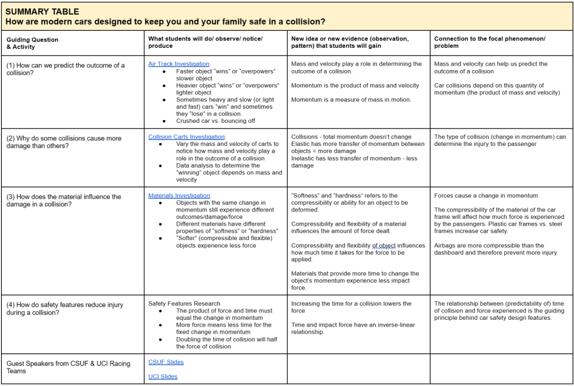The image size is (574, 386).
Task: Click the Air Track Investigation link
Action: (178, 64)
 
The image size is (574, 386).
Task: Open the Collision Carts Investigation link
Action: (186, 137)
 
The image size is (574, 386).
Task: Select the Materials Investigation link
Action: (179, 196)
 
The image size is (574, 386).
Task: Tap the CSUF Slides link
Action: (166, 362)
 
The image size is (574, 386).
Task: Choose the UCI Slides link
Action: (163, 376)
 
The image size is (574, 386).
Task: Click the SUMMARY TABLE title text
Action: (42, 11)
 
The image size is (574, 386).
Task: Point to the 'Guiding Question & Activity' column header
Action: (33, 43)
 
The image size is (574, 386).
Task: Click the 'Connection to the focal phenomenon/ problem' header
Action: (489, 42)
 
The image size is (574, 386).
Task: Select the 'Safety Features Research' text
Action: (184, 304)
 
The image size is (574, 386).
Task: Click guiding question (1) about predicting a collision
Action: (66, 69)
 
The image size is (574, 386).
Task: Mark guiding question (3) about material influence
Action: (64, 200)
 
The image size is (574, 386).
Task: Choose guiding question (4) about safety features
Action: (65, 309)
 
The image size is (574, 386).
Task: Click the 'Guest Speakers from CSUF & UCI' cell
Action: (68, 367)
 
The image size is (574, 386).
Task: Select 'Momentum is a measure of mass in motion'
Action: (351, 100)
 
